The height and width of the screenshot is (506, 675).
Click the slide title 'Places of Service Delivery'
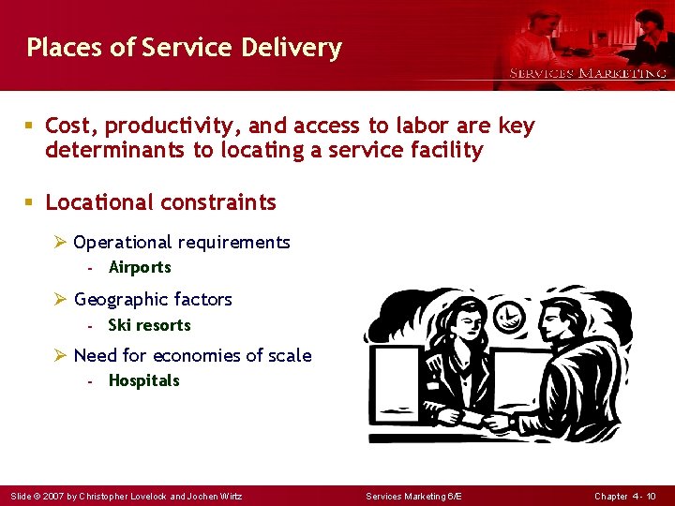(184, 48)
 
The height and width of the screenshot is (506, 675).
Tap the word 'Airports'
(140, 267)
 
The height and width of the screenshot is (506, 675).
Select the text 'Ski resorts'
(149, 325)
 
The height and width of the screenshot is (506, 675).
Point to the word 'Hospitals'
(143, 380)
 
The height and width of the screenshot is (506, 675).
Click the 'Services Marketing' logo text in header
(588, 73)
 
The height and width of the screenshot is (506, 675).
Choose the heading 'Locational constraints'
(160, 202)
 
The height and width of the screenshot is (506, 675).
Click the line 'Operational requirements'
(182, 243)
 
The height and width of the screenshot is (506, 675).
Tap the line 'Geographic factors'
(153, 300)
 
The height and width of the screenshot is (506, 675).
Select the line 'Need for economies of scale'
(192, 355)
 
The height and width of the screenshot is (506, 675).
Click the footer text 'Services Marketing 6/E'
(414, 496)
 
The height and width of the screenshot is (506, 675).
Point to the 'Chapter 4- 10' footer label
(625, 496)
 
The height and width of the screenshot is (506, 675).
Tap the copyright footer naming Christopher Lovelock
(126, 496)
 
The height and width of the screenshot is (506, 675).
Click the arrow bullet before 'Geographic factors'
(60, 300)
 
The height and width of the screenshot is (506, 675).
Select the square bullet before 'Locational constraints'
(32, 202)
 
